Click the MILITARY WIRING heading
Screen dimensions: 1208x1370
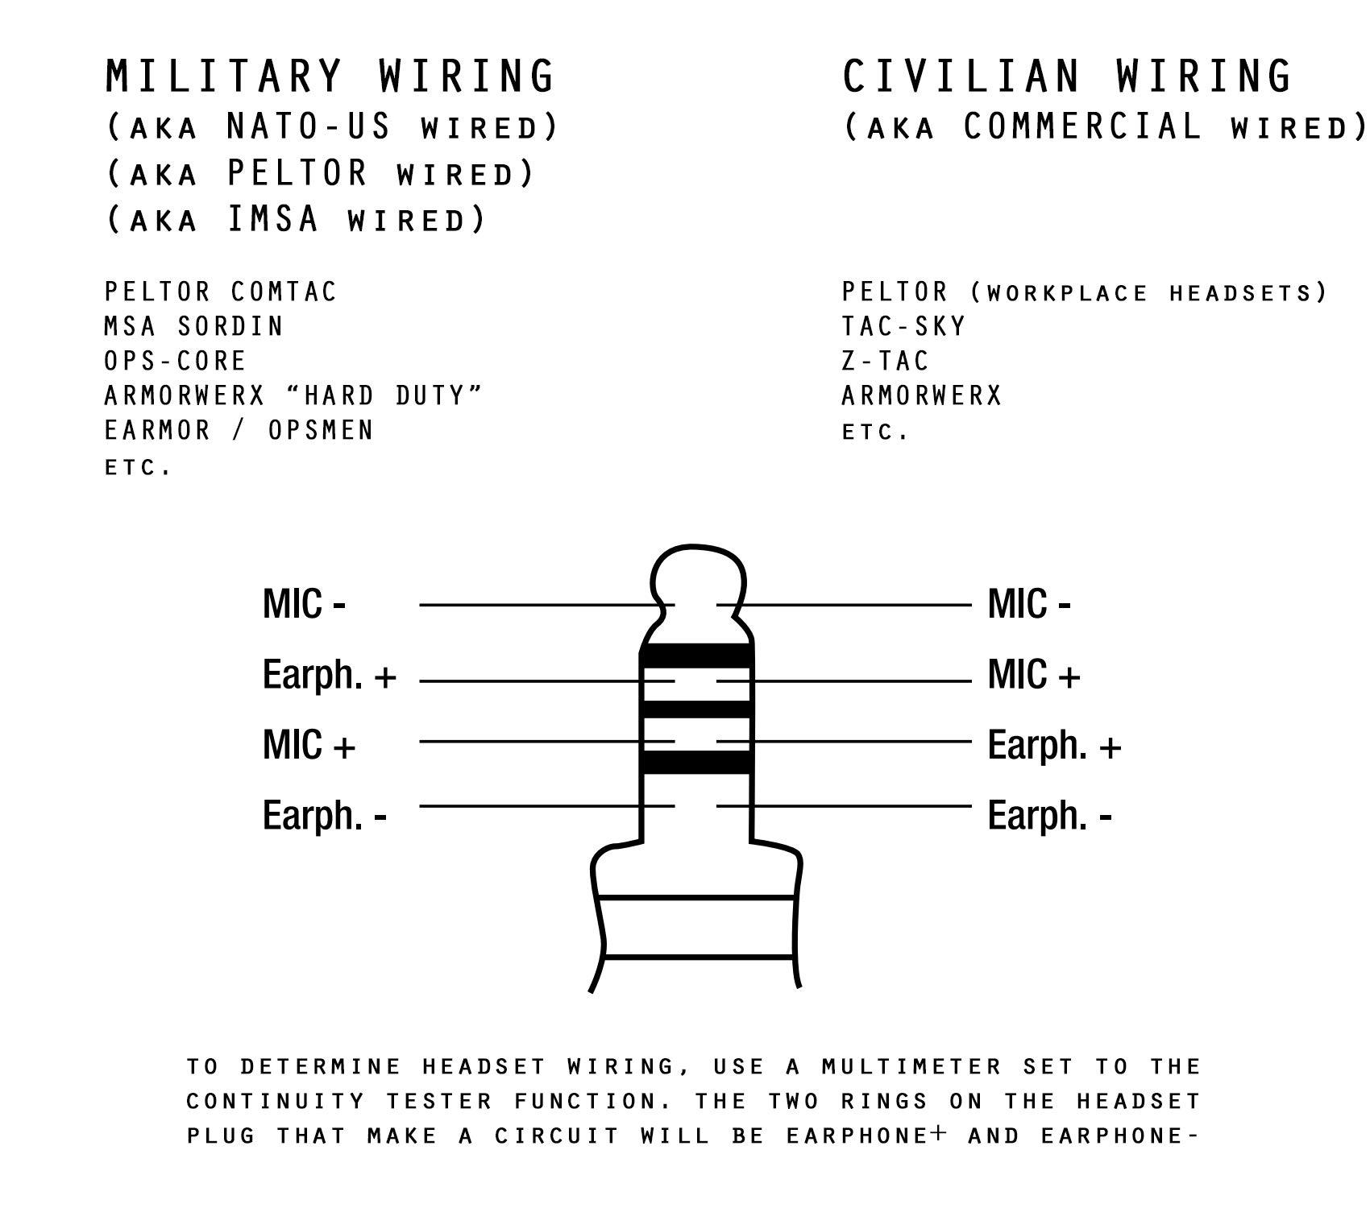click(330, 76)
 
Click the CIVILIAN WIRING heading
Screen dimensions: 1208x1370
click(1068, 76)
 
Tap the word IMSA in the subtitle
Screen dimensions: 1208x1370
click(273, 219)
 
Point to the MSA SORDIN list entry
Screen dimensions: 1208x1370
click(194, 326)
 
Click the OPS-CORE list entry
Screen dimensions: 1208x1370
click(175, 361)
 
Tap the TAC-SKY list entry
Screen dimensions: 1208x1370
click(903, 326)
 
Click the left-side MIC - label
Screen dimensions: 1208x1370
click(304, 604)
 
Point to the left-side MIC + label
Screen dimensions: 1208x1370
click(309, 745)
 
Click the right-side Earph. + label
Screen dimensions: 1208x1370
click(1054, 745)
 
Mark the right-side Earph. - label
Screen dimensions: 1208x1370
click(1049, 816)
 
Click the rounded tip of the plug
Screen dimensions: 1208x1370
click(697, 576)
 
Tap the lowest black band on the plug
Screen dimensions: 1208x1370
click(697, 762)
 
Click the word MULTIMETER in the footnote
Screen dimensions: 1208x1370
click(912, 1066)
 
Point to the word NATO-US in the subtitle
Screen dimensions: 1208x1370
click(309, 126)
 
